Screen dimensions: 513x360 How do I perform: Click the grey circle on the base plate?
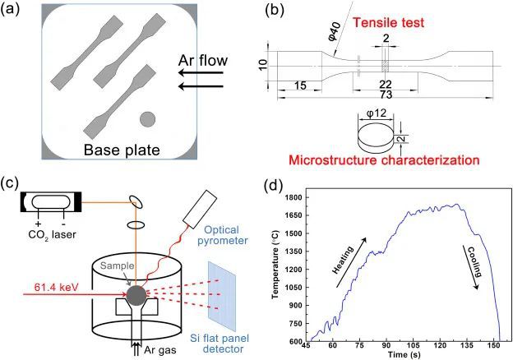click(x=147, y=119)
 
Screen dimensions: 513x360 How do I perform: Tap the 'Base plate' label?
click(x=122, y=150)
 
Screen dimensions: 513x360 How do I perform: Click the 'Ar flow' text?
click(x=203, y=61)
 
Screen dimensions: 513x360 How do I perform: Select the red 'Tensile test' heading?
click(x=388, y=22)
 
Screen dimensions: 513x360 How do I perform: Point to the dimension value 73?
click(x=386, y=95)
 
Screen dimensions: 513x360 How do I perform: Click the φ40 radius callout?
click(x=335, y=31)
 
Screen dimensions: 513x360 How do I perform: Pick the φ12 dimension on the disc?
click(x=377, y=113)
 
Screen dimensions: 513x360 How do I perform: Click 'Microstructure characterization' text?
click(x=384, y=160)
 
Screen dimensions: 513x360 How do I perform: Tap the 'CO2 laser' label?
click(x=53, y=234)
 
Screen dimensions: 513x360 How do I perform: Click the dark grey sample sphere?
click(x=136, y=295)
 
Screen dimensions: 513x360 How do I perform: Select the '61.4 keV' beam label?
click(x=56, y=287)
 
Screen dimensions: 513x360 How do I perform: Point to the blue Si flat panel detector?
click(x=221, y=296)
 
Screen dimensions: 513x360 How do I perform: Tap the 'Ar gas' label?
click(x=160, y=350)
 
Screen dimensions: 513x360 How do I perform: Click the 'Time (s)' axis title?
click(x=404, y=354)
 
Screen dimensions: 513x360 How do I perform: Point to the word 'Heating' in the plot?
click(x=343, y=260)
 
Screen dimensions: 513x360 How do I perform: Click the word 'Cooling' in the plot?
click(x=474, y=262)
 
